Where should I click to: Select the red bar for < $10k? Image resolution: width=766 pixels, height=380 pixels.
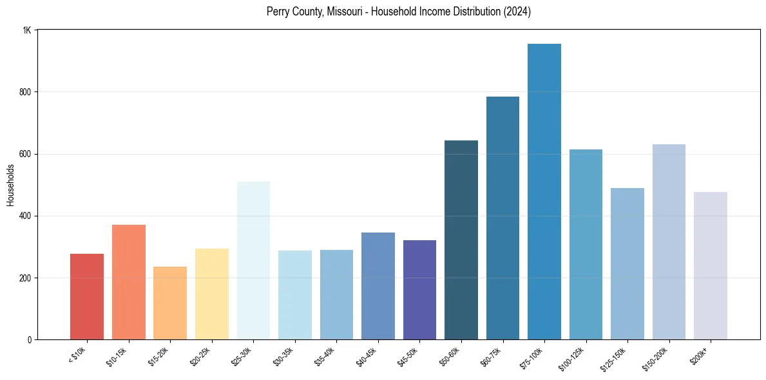87,297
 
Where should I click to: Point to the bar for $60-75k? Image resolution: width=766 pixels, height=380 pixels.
503,218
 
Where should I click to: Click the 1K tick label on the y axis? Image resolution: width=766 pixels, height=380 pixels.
27,30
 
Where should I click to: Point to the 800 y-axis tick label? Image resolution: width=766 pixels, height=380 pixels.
25,92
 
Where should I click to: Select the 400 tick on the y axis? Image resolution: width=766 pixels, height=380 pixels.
25,216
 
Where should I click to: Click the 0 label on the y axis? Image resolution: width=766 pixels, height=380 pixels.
30,340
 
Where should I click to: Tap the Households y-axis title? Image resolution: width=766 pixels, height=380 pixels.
11,185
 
